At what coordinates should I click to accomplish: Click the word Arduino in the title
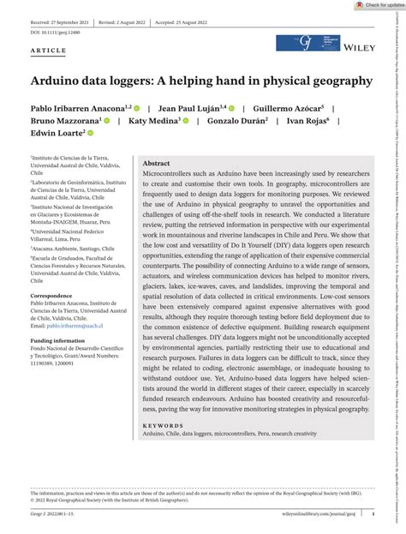[61, 81]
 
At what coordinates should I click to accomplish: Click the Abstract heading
[156, 139]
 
